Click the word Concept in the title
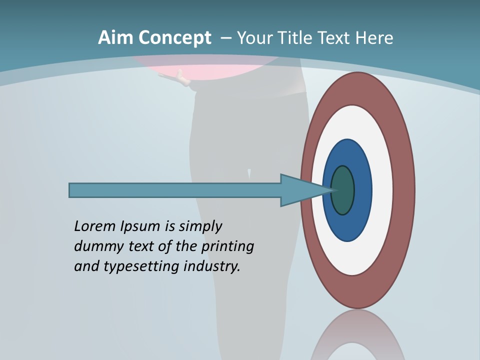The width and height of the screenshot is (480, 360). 174,38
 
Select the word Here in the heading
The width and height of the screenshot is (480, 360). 374,37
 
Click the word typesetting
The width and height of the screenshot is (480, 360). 141,266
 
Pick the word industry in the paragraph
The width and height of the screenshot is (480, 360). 212,266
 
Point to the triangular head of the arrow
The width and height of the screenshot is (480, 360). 300,190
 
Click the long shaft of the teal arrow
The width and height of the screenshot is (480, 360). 175,190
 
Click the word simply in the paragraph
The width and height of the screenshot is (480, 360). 200,226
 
